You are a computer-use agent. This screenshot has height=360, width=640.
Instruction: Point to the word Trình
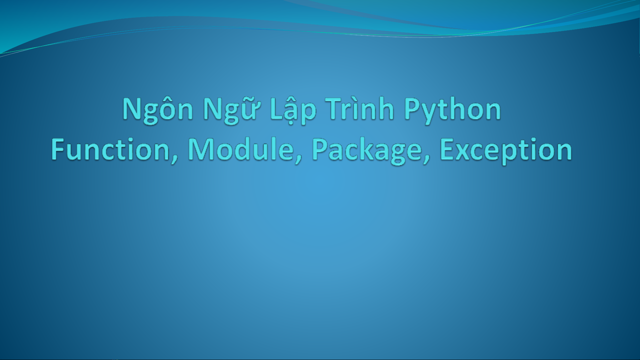tap(360, 108)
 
